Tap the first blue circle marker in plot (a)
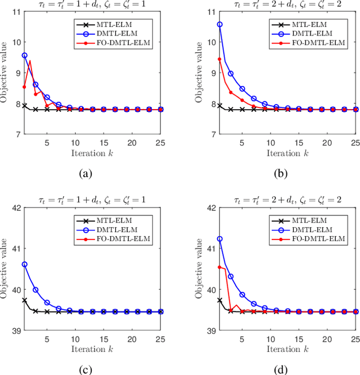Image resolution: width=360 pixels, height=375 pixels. coord(24,56)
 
